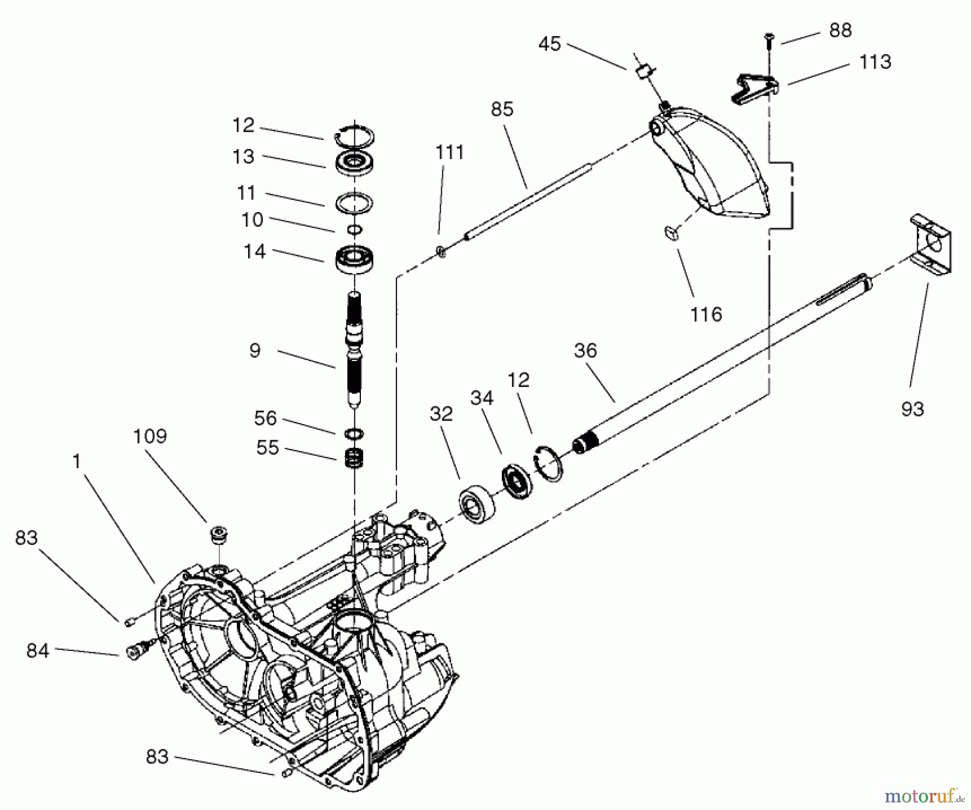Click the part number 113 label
[874, 63]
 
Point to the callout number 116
[706, 314]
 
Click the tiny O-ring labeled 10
[354, 230]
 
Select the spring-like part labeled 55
[354, 458]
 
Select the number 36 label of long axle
[585, 351]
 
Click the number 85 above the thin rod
[502, 110]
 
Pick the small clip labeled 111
[441, 251]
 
